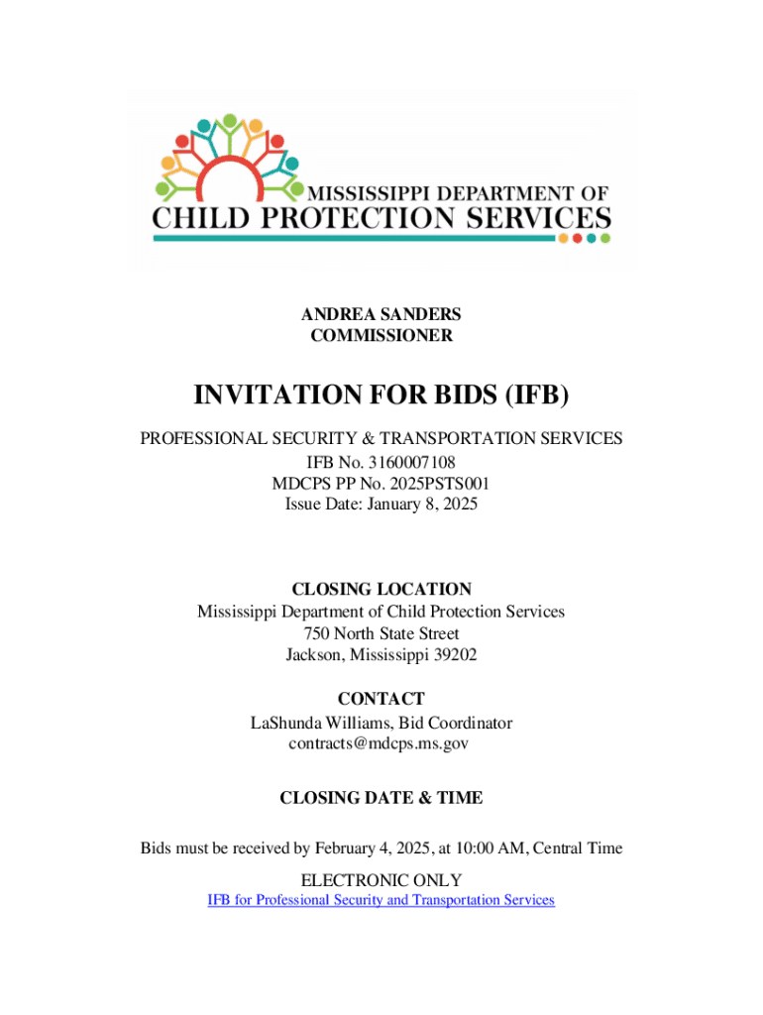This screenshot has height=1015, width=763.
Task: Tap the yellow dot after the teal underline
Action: (563, 238)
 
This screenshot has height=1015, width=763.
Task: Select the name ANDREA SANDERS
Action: (381, 314)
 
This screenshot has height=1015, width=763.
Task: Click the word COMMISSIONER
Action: (381, 335)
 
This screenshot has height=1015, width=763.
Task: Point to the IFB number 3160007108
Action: (414, 462)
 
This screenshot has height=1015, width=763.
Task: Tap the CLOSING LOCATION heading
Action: (381, 589)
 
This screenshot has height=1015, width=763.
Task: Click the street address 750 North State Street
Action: (381, 632)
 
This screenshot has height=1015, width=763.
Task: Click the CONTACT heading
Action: (381, 699)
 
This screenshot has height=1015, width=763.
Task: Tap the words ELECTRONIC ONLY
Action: (381, 879)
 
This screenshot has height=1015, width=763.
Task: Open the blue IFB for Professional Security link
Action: (381, 900)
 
